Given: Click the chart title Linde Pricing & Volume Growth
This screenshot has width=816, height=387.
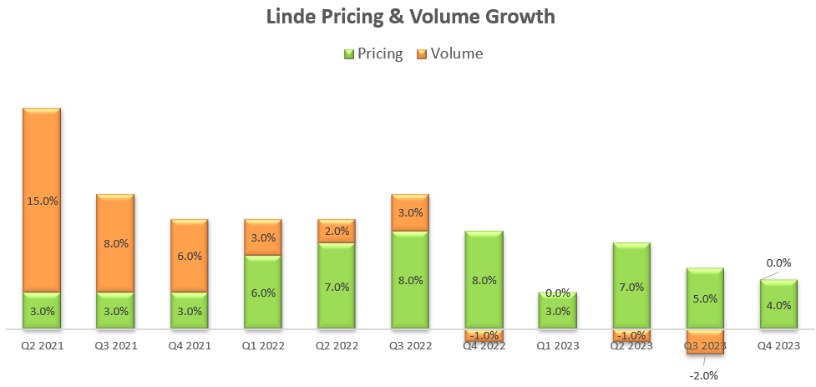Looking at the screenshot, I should click(x=409, y=17).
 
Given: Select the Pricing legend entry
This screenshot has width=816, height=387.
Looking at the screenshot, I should click(x=373, y=53).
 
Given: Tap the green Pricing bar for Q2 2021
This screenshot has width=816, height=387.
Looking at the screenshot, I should click(x=42, y=311).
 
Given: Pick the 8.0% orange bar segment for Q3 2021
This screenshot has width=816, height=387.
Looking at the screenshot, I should click(x=115, y=243).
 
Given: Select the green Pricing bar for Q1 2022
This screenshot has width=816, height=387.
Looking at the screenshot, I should click(x=263, y=293).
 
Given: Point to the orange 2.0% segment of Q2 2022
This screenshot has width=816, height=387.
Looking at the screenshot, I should click(x=337, y=232).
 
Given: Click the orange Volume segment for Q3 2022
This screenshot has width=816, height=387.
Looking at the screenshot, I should click(x=410, y=213).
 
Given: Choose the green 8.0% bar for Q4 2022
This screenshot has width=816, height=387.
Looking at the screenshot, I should click(x=484, y=280).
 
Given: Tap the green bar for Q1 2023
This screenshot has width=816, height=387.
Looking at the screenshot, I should click(x=557, y=311).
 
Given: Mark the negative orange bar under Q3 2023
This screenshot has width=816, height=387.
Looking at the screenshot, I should click(x=704, y=342).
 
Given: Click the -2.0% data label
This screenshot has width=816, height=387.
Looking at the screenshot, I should click(x=704, y=375).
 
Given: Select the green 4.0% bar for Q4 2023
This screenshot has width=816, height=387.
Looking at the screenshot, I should click(x=778, y=305).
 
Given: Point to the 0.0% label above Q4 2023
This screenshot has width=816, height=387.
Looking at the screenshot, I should click(x=778, y=262).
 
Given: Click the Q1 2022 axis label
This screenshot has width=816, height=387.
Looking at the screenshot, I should click(x=263, y=345).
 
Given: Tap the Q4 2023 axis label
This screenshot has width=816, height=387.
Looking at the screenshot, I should click(x=778, y=345).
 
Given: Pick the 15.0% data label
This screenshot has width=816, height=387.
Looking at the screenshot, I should click(x=42, y=201).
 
